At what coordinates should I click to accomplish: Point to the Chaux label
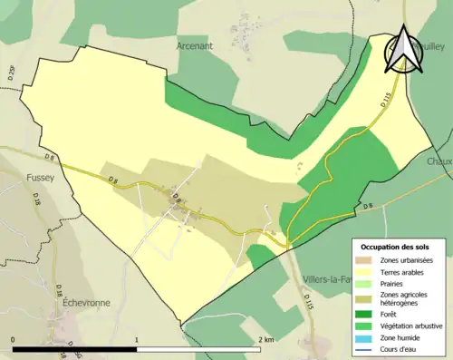click(439, 161)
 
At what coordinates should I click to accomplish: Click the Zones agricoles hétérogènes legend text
click(407, 298)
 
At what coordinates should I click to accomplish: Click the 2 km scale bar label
click(265, 339)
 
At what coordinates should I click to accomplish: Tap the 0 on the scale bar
click(13, 339)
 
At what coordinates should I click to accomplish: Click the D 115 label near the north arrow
click(386, 102)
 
